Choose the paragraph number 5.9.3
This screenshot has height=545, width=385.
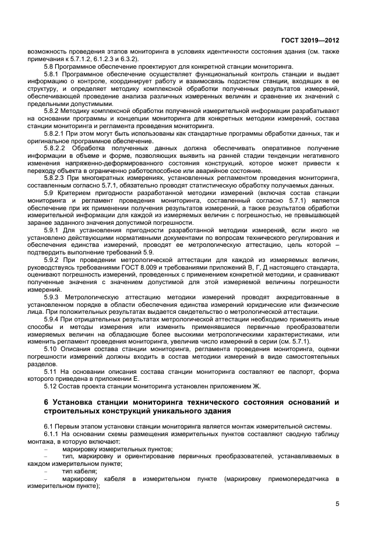click(54, 297)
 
